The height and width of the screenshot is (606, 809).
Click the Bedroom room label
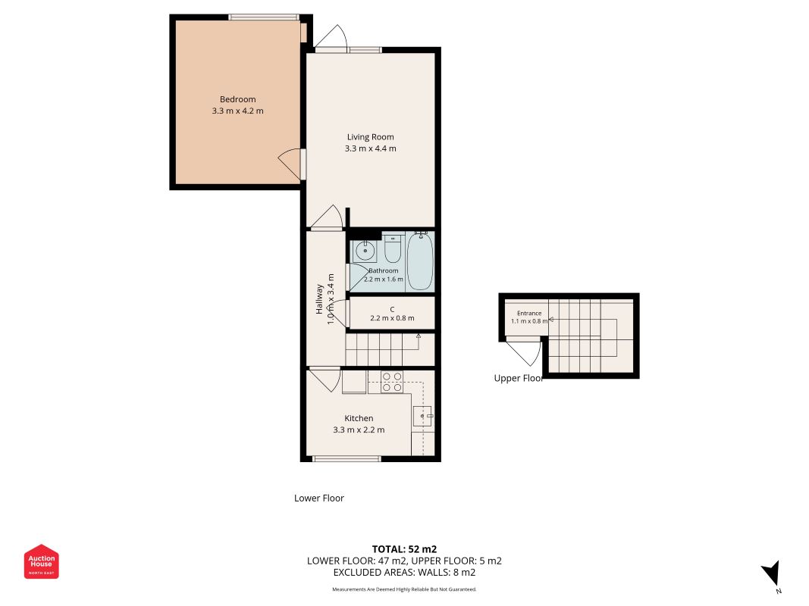click(237, 99)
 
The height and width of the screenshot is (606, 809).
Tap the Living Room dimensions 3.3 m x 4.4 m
click(371, 148)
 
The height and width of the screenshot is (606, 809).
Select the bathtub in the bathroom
click(420, 261)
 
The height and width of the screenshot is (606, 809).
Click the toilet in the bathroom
click(393, 248)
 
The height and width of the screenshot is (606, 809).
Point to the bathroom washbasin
click(365, 251)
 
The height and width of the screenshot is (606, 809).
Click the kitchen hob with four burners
click(392, 382)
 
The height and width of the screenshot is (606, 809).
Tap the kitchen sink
click(422, 416)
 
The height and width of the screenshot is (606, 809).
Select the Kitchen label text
click(359, 418)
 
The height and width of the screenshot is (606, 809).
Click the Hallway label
click(319, 299)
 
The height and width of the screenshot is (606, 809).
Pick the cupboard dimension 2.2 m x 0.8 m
click(392, 318)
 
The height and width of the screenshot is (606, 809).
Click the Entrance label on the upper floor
click(529, 313)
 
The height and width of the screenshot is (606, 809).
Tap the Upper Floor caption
click(518, 378)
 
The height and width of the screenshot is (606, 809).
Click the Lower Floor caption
click(319, 498)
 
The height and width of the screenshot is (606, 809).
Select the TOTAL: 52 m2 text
click(405, 548)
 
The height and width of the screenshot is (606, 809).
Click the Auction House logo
click(41, 561)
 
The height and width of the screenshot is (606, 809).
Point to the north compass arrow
click(772, 573)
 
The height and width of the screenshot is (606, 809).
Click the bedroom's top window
click(264, 17)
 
